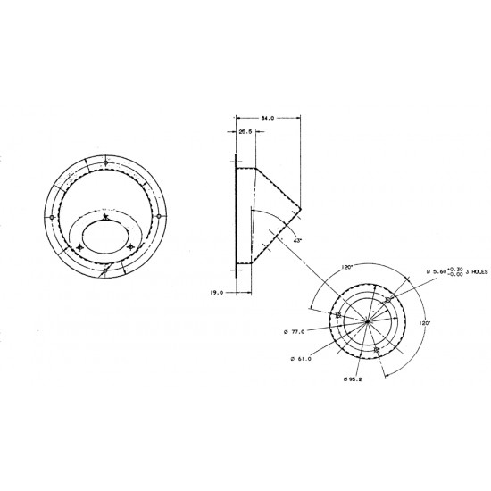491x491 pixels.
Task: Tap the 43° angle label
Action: tap(296, 240)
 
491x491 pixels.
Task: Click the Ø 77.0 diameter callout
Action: tap(294, 332)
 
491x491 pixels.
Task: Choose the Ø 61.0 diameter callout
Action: tap(303, 359)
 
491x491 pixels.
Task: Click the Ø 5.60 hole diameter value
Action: tap(438, 270)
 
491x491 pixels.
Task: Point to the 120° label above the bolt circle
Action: tap(347, 266)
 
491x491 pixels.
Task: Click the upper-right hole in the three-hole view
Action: tap(390, 300)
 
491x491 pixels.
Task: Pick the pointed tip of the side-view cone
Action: tap(303, 211)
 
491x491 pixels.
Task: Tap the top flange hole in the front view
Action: tap(105, 163)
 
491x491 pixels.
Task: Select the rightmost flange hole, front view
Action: tap(158, 216)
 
